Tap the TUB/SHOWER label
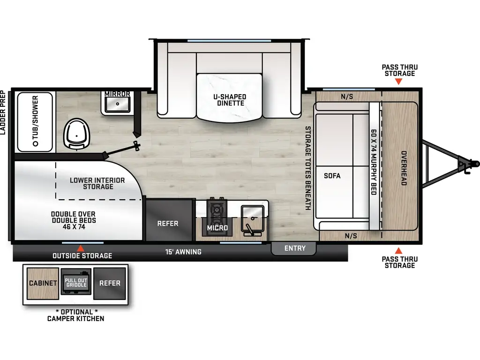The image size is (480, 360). pyautogui.click(x=36, y=121)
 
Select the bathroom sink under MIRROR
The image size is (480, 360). pyautogui.click(x=117, y=105)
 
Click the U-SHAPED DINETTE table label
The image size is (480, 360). pyautogui.click(x=229, y=100)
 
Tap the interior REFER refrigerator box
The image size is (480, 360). pyautogui.click(x=168, y=223)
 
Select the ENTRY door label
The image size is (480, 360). pyautogui.click(x=294, y=248)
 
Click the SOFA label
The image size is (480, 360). pyautogui.click(x=332, y=176)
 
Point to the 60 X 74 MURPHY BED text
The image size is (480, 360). pyautogui.click(x=374, y=162)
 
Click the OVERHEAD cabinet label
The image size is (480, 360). pyautogui.click(x=403, y=168)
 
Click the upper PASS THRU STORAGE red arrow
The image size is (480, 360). pyautogui.click(x=398, y=82)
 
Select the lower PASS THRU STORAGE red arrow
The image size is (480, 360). pyautogui.click(x=398, y=250)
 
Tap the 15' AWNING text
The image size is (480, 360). pyautogui.click(x=183, y=252)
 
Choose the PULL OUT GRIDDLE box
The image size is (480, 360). pyautogui.click(x=76, y=283)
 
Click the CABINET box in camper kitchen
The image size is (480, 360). pyautogui.click(x=43, y=283)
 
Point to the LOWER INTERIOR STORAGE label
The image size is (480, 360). pyautogui.click(x=97, y=183)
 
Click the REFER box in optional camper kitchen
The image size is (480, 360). pyautogui.click(x=110, y=283)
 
